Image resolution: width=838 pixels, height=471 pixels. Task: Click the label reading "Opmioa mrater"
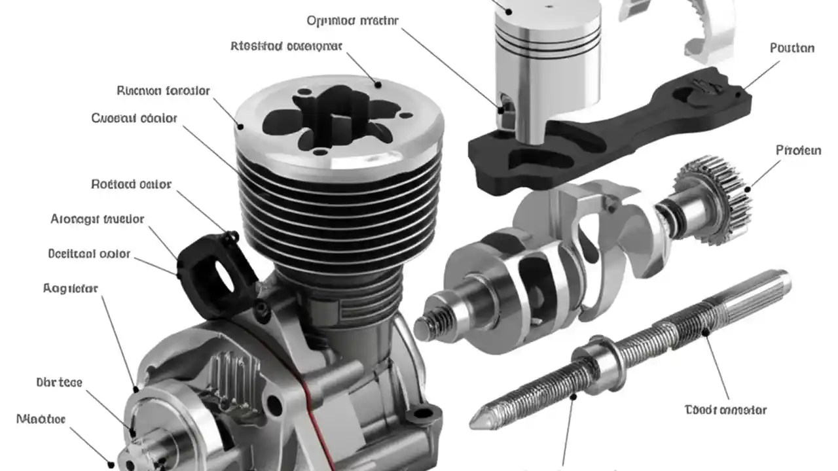[352, 20]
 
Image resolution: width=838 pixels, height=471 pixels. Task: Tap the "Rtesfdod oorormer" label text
[286, 46]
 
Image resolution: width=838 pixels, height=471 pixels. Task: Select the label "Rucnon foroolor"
[163, 91]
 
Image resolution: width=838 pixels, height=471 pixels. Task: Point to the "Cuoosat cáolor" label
[134, 118]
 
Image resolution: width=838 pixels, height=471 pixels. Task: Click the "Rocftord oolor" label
[131, 184]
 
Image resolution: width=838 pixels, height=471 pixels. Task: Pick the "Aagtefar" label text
[70, 288]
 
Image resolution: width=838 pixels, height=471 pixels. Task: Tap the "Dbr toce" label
[59, 382]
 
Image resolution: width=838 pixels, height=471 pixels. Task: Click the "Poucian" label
[792, 48]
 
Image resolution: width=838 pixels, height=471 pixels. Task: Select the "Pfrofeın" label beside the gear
[798, 150]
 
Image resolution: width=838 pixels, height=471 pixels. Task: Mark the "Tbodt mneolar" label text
[725, 410]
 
